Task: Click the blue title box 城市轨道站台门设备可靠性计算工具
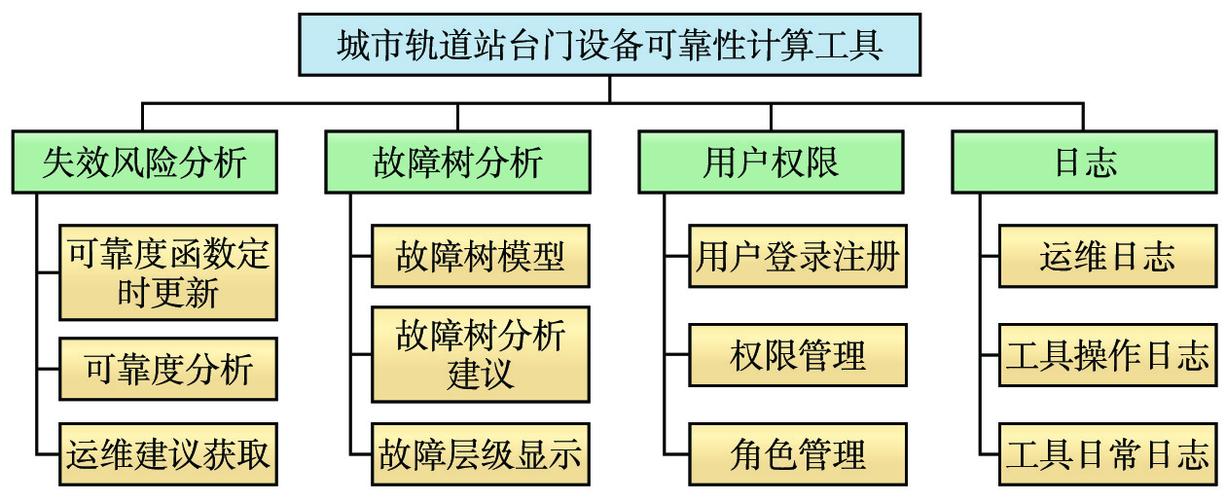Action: coord(609,45)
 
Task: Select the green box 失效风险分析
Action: coord(144,161)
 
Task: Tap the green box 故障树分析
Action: coord(457,161)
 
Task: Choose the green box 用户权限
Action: coord(771,161)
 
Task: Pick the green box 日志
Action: coord(1085,161)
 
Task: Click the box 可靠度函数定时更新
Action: coord(168,272)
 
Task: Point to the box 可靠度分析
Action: coord(168,369)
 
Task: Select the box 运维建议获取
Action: coord(168,453)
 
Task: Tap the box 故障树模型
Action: coord(481,257)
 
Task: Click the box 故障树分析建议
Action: coord(481,354)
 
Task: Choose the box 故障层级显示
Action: coord(481,453)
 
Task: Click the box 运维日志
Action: coord(1107,257)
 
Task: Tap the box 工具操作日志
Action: coord(1107,355)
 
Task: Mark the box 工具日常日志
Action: coord(1107,453)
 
